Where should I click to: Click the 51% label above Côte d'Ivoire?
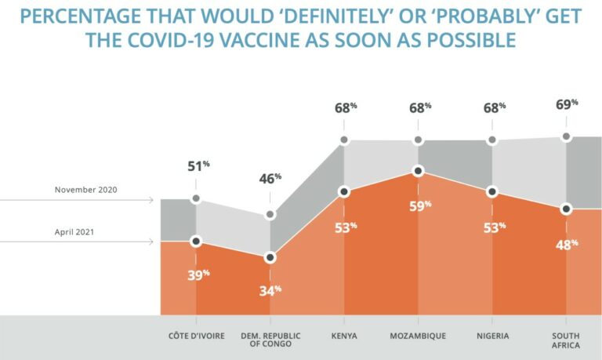pos(199,166)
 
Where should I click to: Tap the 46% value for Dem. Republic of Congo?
pos(272,180)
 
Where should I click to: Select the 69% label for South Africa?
pos(568,104)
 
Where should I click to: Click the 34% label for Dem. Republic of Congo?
pos(270,291)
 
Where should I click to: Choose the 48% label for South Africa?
pos(567,245)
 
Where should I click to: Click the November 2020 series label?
pos(85,190)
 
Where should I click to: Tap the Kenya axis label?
pos(343,336)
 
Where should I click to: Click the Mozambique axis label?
pos(418,336)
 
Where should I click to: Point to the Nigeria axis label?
pos(491,336)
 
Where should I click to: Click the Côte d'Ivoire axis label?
pos(197,336)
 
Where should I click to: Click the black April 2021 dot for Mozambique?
pos(419,170)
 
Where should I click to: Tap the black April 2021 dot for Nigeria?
pos(492,191)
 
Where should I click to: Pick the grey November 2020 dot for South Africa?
pos(566,137)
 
